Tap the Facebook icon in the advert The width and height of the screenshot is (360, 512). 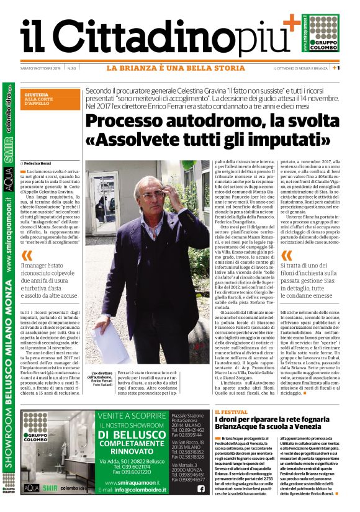click(x=201, y=489)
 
